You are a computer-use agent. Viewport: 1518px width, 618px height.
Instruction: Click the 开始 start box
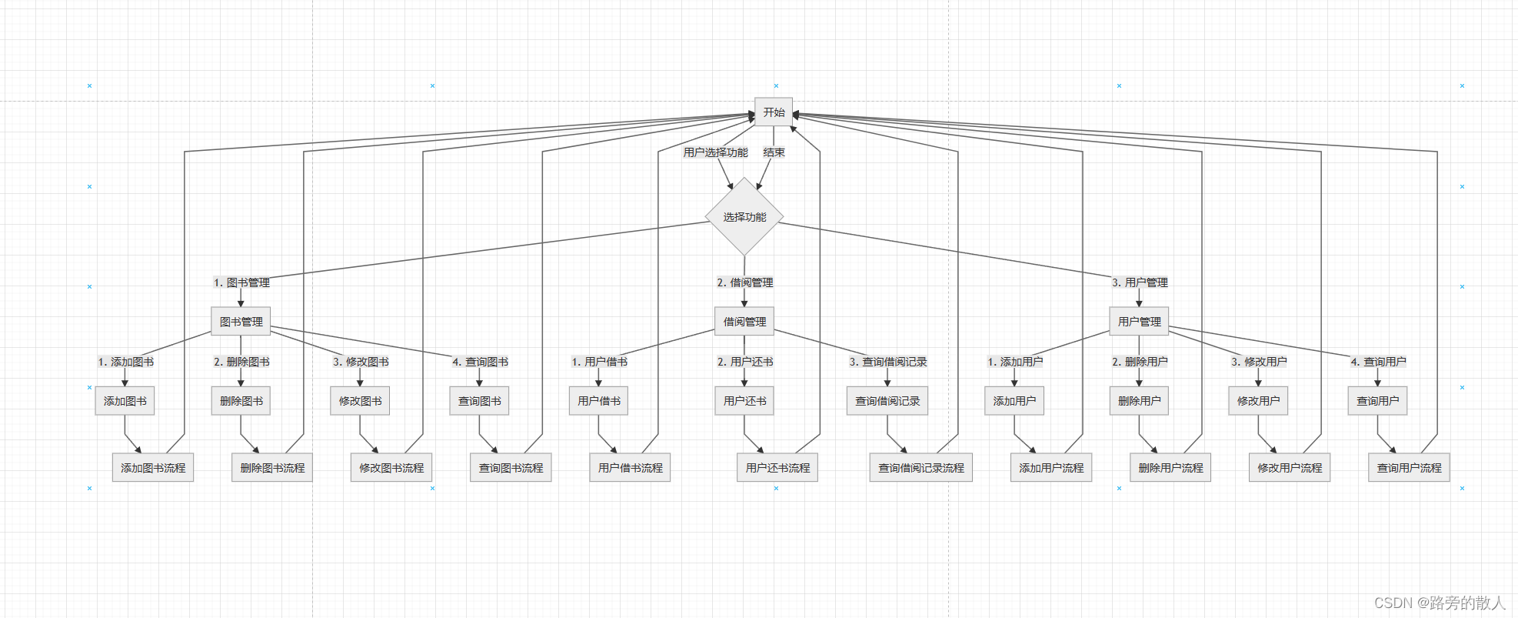pos(774,112)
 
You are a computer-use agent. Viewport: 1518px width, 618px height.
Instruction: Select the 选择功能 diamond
pos(744,217)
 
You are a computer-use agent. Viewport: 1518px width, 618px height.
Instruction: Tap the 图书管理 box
pos(241,322)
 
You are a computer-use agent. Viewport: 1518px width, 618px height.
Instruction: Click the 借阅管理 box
pos(744,322)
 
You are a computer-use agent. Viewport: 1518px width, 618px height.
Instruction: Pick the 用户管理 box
pos(1139,322)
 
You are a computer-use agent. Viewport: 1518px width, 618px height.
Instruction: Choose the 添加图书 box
pos(125,401)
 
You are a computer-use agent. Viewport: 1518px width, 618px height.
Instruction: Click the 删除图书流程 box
pos(272,468)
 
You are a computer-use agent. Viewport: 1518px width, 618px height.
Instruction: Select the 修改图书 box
pos(360,401)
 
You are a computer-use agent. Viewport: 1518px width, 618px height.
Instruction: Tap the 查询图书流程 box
pos(511,468)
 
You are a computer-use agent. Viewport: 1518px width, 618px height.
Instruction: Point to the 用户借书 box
pos(598,401)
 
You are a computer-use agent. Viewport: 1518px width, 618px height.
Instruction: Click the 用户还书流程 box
pos(777,468)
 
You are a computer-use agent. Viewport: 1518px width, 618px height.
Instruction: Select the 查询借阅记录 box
pos(887,401)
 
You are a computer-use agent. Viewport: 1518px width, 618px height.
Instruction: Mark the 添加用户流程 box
pos(1051,468)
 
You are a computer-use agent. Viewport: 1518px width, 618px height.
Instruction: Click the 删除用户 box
pos(1139,401)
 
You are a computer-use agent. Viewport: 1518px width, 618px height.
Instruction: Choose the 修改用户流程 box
pos(1290,468)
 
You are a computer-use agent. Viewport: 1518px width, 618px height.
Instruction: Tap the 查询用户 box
pos(1377,401)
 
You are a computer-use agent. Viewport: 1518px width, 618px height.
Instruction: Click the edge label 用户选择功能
pos(715,152)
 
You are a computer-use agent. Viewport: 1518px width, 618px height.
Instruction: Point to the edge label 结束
pos(774,152)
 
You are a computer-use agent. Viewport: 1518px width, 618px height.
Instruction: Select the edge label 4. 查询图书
pos(480,362)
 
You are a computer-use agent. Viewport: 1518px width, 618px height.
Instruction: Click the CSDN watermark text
pos(1439,603)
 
